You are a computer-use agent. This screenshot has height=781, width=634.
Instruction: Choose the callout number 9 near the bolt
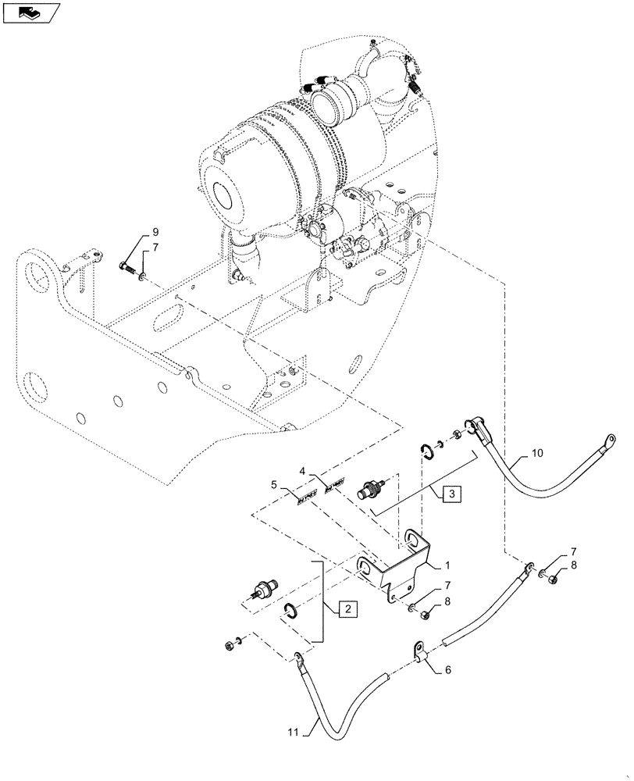click(x=153, y=232)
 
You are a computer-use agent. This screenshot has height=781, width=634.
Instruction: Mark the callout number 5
click(x=274, y=484)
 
